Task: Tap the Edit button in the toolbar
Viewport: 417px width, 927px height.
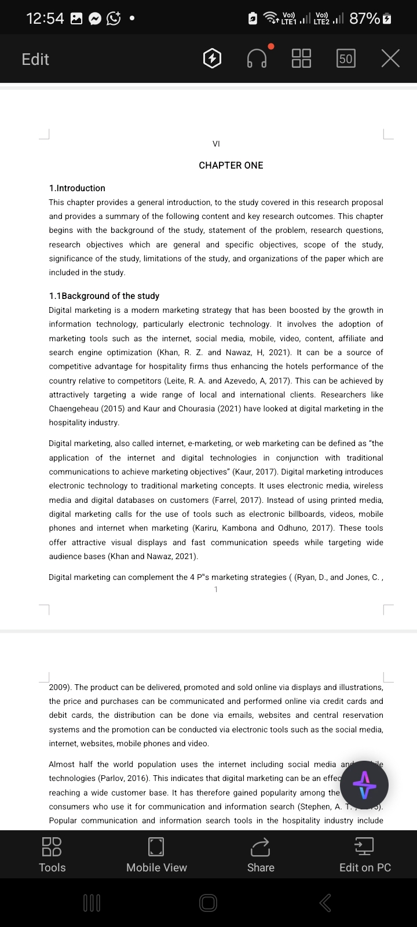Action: (35, 59)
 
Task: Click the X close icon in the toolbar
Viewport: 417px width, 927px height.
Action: (391, 58)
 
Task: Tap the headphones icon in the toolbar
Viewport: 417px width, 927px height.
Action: (257, 58)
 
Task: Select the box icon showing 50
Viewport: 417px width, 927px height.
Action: (346, 58)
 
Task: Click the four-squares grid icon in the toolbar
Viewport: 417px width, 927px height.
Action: (301, 58)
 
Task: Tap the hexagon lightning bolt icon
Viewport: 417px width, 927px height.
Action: (213, 58)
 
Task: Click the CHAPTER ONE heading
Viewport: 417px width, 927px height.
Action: (231, 165)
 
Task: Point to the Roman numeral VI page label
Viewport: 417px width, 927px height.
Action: (216, 144)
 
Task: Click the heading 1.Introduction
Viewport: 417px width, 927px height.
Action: (77, 188)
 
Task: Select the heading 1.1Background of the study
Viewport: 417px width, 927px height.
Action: (104, 296)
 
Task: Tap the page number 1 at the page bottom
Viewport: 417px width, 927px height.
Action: (216, 589)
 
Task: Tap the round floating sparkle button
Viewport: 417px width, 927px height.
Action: (364, 785)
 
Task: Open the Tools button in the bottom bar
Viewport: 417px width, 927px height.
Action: (52, 855)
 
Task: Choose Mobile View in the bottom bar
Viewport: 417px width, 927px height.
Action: (156, 855)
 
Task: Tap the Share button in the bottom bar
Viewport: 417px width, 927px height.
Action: (261, 855)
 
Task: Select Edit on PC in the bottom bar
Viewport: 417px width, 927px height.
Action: (365, 855)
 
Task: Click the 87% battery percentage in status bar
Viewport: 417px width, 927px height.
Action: (364, 19)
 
